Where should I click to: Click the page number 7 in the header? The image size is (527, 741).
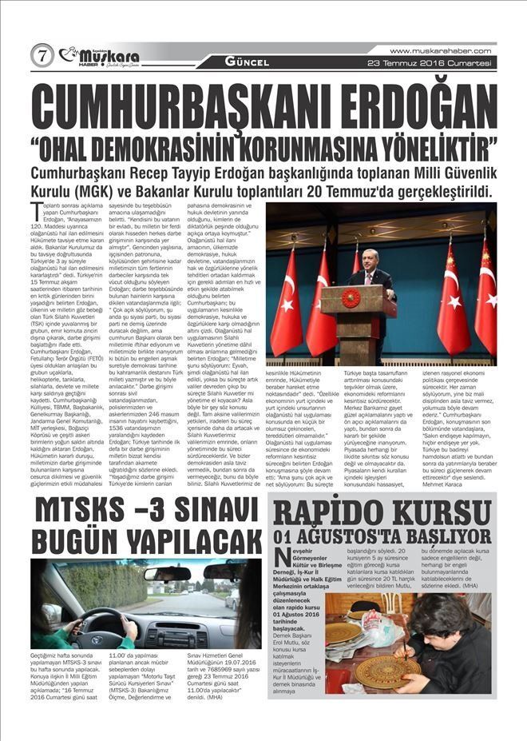42,55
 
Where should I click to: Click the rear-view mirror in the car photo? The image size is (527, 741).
167,573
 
